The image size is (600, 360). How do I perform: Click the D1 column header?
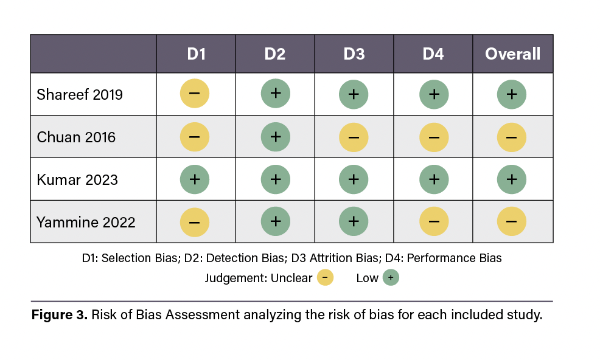(196, 54)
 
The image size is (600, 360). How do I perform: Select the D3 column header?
(354, 54)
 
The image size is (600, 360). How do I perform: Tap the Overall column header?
(512, 54)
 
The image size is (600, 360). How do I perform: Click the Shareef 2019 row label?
(80, 95)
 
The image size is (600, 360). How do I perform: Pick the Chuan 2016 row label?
(76, 137)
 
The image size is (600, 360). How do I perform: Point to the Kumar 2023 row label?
(77, 180)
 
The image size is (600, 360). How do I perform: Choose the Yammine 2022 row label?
(86, 223)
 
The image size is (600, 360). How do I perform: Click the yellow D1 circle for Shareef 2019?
(195, 94)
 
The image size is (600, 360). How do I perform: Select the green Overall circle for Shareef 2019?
(512, 94)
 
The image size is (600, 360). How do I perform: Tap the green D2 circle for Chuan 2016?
(275, 137)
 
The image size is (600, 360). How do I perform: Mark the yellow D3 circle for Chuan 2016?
(354, 137)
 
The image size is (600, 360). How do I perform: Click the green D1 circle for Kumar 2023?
(195, 179)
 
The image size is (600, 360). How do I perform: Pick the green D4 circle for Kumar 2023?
(434, 179)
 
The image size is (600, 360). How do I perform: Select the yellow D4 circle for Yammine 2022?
(434, 222)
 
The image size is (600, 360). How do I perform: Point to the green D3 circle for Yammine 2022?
(354, 222)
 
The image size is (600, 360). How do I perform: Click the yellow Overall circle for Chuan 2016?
(512, 137)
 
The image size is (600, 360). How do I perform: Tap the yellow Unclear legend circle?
(325, 279)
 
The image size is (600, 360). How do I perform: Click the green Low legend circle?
(390, 279)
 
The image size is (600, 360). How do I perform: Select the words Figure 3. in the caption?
(60, 316)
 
